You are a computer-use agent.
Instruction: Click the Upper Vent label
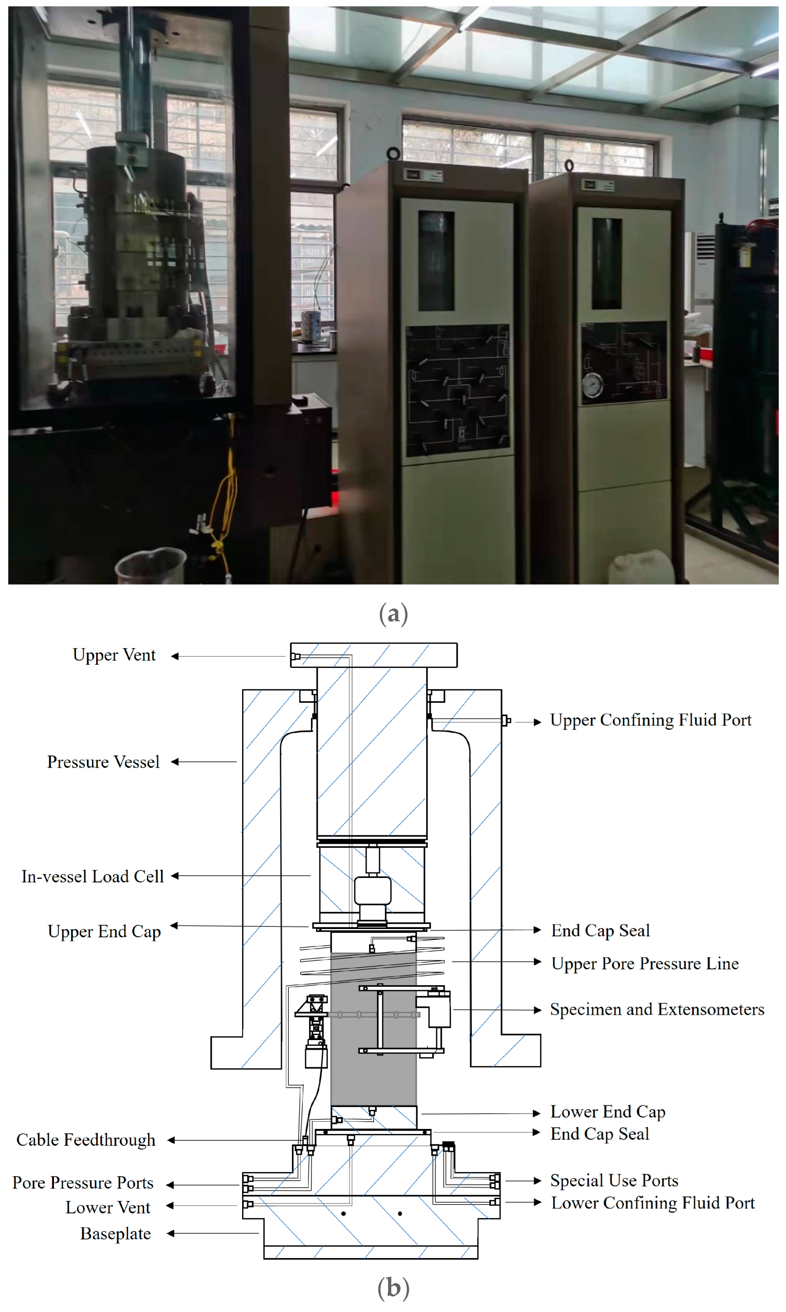[114, 655]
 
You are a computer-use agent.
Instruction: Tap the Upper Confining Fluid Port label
[650, 720]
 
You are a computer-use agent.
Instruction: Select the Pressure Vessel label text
[103, 762]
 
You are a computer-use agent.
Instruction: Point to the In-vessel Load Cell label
[92, 876]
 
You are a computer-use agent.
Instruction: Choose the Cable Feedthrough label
[86, 1139]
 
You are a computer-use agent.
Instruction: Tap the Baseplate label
[116, 1233]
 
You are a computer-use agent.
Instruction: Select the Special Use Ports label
[614, 1180]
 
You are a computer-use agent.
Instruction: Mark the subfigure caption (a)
[393, 614]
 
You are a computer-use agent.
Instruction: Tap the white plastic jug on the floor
[641, 567]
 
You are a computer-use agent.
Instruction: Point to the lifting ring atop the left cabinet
[393, 154]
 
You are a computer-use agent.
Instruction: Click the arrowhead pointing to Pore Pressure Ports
[170, 1185]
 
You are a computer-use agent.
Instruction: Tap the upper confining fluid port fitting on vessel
[506, 720]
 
